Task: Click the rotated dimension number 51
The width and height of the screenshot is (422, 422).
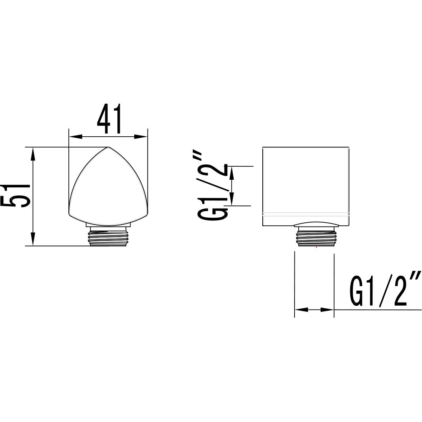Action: [x=15, y=196]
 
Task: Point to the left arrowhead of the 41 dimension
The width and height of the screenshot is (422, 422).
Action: [x=75, y=137]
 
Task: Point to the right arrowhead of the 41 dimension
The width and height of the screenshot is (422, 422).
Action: [x=141, y=137]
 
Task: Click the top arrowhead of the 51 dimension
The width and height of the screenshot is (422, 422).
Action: [x=33, y=154]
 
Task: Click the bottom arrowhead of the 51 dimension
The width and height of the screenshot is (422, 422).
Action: [x=33, y=239]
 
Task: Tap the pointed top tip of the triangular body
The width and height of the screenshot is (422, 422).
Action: [x=108, y=147]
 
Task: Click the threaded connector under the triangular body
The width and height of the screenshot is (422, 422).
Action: [x=108, y=236]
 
